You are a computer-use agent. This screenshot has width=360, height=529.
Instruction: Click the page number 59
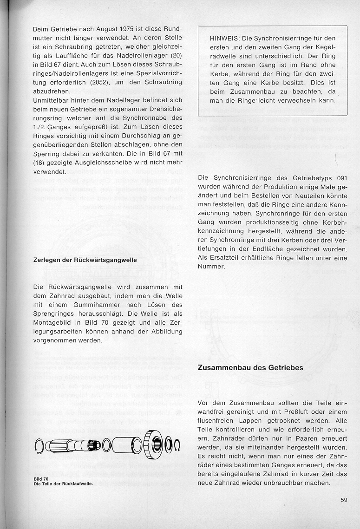(x=344, y=500)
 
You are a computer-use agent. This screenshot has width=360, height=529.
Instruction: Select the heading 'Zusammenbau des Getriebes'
(x=250, y=367)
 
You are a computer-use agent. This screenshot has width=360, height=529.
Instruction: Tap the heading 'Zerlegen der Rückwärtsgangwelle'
(x=85, y=260)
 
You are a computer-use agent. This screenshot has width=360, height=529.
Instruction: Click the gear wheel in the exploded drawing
(x=153, y=445)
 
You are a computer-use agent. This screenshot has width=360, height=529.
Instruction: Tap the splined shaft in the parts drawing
(x=75, y=445)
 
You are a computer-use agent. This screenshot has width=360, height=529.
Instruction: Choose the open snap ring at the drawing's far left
(x=40, y=446)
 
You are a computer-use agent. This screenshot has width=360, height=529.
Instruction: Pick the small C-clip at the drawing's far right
(x=177, y=446)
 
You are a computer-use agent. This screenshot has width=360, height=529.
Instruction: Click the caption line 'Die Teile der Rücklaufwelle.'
(x=63, y=484)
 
